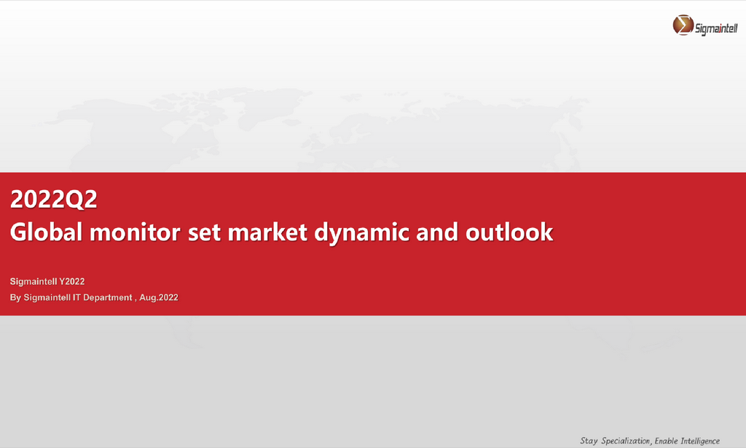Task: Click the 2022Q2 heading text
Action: (x=54, y=199)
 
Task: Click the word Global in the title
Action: (x=46, y=232)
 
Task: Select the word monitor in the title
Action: (x=135, y=232)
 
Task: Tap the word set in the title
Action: (x=204, y=233)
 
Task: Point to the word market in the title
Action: (x=267, y=232)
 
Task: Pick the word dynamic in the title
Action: (x=362, y=234)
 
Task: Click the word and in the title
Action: (x=437, y=232)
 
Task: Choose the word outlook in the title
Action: (x=509, y=232)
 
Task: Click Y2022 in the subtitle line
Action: (x=72, y=281)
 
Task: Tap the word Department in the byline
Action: (x=108, y=298)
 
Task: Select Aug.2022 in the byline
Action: (x=159, y=298)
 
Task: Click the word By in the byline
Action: (x=16, y=298)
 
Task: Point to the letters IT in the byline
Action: (x=76, y=298)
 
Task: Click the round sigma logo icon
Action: (x=683, y=25)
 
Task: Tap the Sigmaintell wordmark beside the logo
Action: (x=716, y=28)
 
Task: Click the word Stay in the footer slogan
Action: (x=589, y=441)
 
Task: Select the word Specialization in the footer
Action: (x=625, y=441)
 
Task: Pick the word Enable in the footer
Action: (x=666, y=441)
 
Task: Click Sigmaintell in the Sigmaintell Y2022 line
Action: (x=34, y=281)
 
